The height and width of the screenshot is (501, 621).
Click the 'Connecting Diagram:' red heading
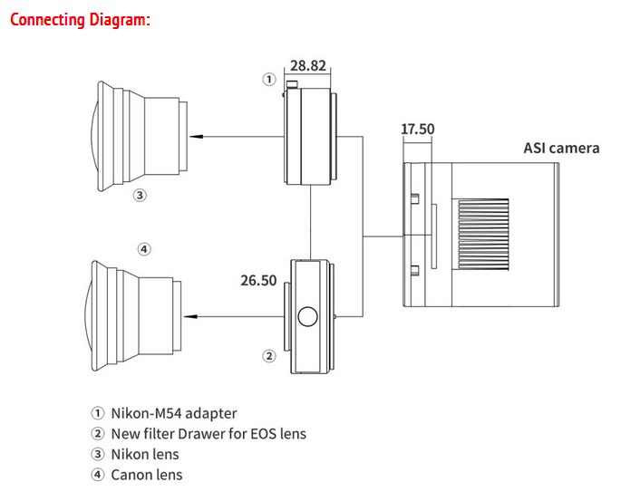pyautogui.click(x=80, y=20)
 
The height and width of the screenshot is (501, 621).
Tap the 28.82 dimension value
pyautogui.click(x=308, y=65)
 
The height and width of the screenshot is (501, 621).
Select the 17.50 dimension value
pyautogui.click(x=417, y=129)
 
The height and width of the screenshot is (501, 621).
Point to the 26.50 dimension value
pyautogui.click(x=258, y=281)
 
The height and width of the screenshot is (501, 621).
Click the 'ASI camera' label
pyautogui.click(x=561, y=148)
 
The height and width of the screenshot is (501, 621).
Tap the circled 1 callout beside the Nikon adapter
pyautogui.click(x=269, y=80)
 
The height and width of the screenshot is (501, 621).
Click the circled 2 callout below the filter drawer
pyautogui.click(x=269, y=356)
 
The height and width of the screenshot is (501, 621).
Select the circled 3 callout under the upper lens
pyautogui.click(x=140, y=195)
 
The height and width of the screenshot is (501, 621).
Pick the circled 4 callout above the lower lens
pyautogui.click(x=144, y=249)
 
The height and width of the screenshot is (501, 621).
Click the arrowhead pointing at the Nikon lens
pyautogui.click(x=197, y=137)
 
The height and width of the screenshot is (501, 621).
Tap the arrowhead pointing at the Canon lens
pyautogui.click(x=190, y=316)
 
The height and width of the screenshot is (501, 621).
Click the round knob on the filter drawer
pyautogui.click(x=307, y=316)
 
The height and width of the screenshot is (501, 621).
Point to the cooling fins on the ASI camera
pyautogui.click(x=483, y=235)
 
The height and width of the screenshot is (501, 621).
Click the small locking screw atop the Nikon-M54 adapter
pyautogui.click(x=292, y=84)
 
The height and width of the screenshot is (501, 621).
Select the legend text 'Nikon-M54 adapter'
pyautogui.click(x=174, y=413)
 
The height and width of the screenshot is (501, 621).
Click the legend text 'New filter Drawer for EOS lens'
pyautogui.click(x=209, y=434)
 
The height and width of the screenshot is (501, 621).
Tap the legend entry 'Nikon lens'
pyautogui.click(x=145, y=454)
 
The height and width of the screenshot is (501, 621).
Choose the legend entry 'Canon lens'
pyautogui.click(x=147, y=475)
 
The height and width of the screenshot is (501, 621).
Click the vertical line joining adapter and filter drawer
pyautogui.click(x=310, y=222)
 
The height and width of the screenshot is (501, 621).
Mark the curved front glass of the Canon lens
pyautogui.click(x=87, y=316)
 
